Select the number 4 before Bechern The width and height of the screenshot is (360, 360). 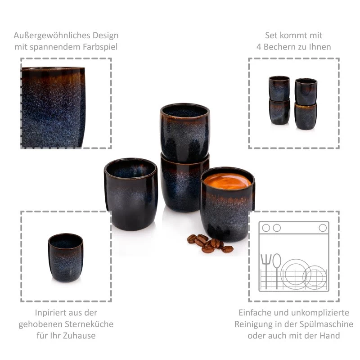(259, 47)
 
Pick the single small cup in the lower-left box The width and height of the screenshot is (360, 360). (66, 257)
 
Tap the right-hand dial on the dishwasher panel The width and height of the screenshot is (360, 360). (323, 228)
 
